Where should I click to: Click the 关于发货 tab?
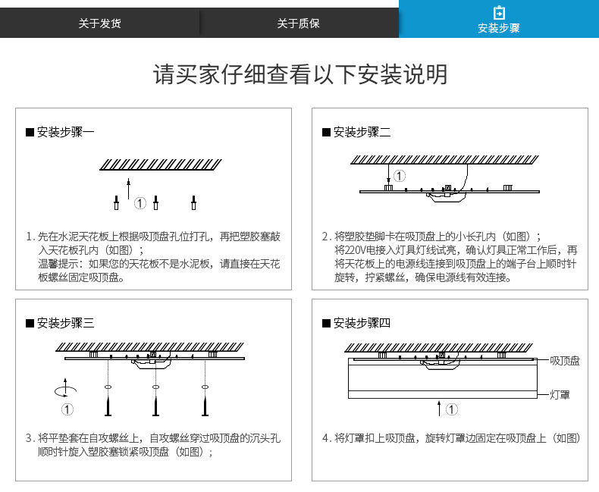pyautogui.click(x=99, y=24)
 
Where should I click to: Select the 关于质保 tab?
pyautogui.click(x=298, y=24)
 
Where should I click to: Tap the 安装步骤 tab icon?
pyautogui.click(x=498, y=13)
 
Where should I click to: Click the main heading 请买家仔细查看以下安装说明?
pyautogui.click(x=299, y=74)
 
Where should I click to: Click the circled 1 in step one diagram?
pyautogui.click(x=140, y=203)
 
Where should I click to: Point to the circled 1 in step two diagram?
pyautogui.click(x=400, y=176)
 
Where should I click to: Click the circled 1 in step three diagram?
pyautogui.click(x=67, y=410)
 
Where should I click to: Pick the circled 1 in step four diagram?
pyautogui.click(x=452, y=410)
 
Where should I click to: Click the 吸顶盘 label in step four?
pyautogui.click(x=565, y=361)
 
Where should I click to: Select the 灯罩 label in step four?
pyautogui.click(x=560, y=395)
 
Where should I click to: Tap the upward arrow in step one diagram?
pyautogui.click(x=129, y=187)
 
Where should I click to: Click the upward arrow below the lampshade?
pyautogui.click(x=440, y=409)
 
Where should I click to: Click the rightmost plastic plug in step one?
pyautogui.click(x=194, y=202)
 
